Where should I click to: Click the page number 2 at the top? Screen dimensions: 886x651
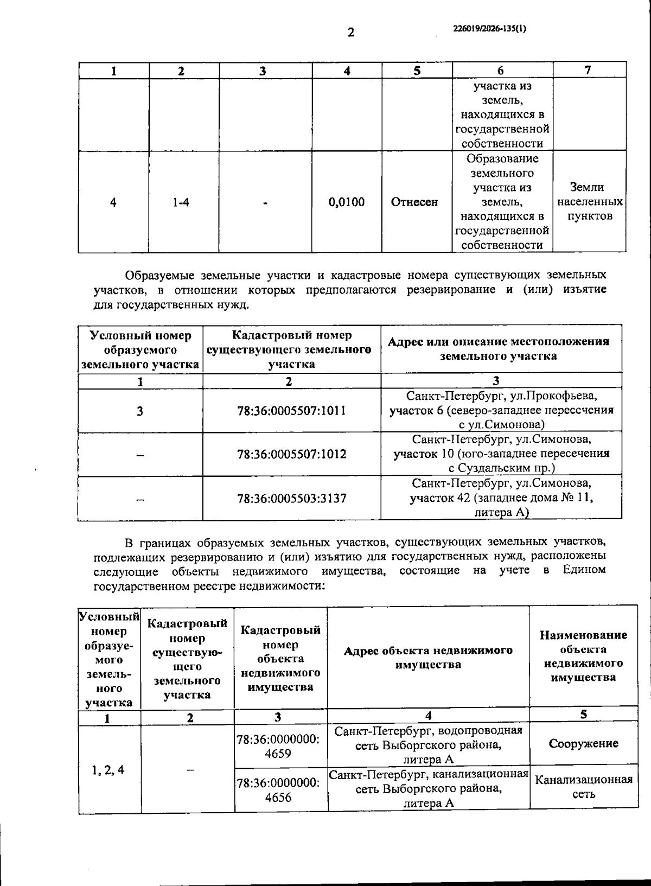[x=350, y=33]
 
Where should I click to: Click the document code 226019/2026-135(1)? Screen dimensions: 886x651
[x=489, y=29]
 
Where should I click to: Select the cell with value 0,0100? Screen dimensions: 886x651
[x=347, y=202]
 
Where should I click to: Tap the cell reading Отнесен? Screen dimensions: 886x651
[x=414, y=202]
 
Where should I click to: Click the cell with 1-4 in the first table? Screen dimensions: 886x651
[x=181, y=202]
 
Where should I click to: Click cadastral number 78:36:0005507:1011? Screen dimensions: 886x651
[x=291, y=411]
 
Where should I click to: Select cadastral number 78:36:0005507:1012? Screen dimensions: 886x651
[x=291, y=454]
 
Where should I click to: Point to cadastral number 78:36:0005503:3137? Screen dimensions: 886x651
[x=291, y=498]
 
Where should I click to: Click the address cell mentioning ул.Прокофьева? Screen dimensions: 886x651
[x=501, y=410]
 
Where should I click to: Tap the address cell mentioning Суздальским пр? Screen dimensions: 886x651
[x=501, y=454]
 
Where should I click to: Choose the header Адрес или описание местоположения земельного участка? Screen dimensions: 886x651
[x=498, y=349]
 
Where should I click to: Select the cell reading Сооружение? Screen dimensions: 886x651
[x=583, y=743]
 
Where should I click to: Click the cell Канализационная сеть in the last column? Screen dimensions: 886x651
[x=583, y=787]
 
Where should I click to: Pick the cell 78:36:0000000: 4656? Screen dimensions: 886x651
[x=279, y=790]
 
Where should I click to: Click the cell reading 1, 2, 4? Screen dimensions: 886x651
[x=108, y=769]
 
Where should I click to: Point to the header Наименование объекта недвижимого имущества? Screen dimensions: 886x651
[x=583, y=656]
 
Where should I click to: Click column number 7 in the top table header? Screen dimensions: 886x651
[x=588, y=70]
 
